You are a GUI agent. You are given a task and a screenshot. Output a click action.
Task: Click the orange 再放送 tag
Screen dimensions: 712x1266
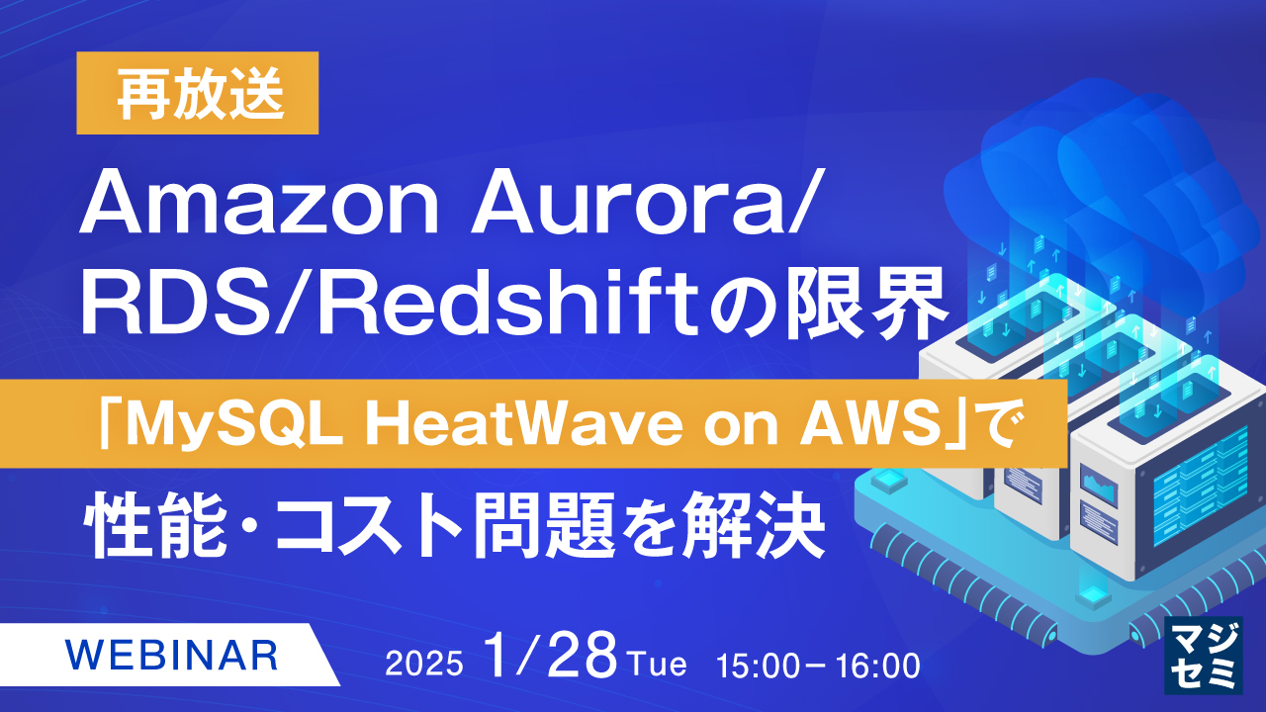pos(198,93)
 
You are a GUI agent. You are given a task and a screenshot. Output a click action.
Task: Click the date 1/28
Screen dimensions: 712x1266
pos(551,658)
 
